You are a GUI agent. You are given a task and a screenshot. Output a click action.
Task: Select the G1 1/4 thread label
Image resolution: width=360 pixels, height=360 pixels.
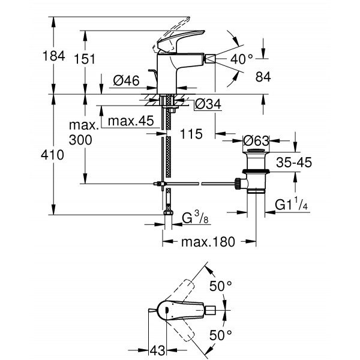coord(292,204)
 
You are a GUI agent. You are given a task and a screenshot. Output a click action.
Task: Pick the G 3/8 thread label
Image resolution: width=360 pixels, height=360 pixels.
coord(195,218)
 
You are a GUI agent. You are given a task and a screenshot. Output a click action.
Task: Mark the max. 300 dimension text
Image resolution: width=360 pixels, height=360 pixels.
coord(83,133)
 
